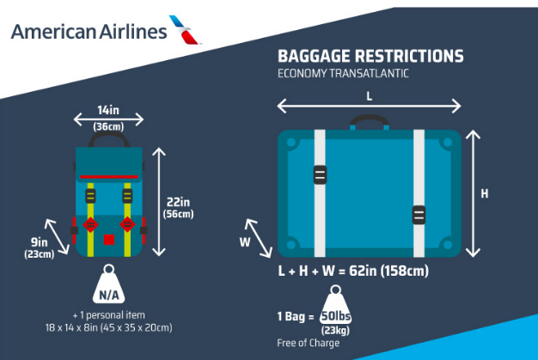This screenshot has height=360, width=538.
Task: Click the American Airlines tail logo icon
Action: pos(185,30)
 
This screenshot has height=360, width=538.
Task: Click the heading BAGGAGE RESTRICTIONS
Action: pos(370,56)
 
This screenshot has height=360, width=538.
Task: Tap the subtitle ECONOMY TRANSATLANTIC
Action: pos(343,73)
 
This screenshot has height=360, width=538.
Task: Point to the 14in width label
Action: pos(108,110)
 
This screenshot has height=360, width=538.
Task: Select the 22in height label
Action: pos(178,202)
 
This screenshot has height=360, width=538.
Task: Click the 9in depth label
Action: pos(40,242)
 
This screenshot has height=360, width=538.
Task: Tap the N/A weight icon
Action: pos(109,284)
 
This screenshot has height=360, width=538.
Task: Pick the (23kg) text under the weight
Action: pos(335,331)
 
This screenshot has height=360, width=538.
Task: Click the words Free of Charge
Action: pos(309,343)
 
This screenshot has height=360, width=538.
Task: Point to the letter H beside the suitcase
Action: pos(485,193)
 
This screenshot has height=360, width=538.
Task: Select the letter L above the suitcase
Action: pos(370,96)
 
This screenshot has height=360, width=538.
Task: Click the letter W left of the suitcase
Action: pos(245,242)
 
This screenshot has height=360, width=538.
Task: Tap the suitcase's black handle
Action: pos(370,119)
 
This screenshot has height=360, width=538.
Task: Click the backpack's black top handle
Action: pos(109,135)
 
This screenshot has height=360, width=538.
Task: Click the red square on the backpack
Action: pos(109,240)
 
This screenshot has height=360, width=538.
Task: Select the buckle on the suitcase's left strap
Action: pos(320,175)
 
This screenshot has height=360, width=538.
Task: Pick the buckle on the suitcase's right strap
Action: pos(419,216)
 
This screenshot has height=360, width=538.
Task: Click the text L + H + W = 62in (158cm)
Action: pos(353,271)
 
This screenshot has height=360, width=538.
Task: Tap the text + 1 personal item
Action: pos(109,315)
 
